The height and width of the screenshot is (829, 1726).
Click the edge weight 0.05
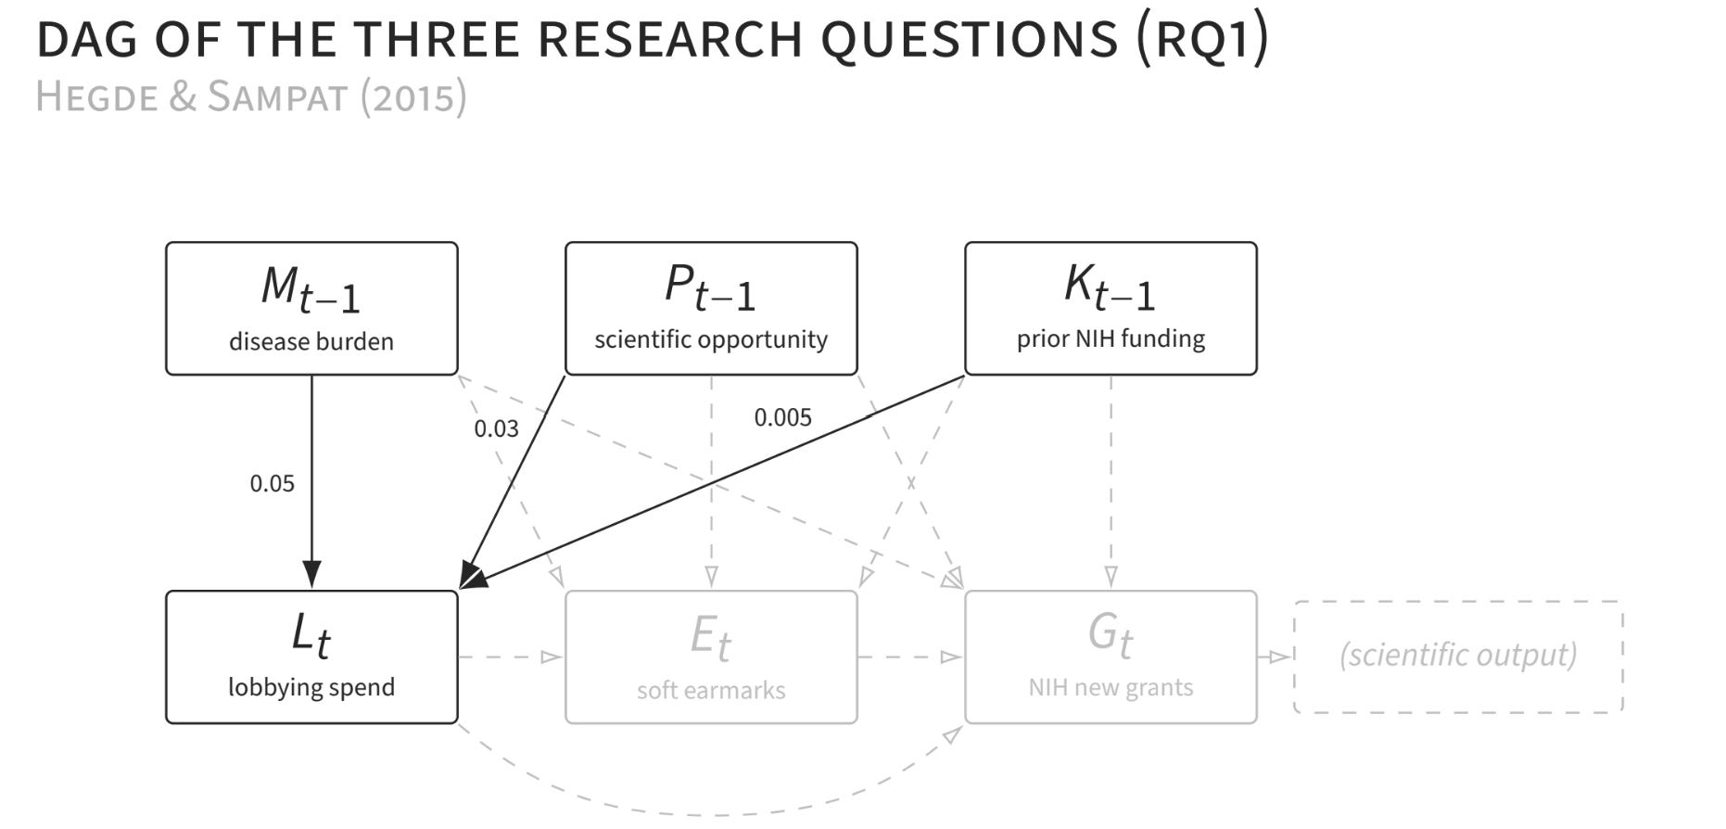pyautogui.click(x=272, y=483)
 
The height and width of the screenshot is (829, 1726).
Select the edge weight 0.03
pyautogui.click(x=496, y=428)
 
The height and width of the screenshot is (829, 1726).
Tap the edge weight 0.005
pyautogui.click(x=782, y=417)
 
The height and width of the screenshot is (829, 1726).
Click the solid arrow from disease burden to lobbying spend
pyautogui.click(x=311, y=482)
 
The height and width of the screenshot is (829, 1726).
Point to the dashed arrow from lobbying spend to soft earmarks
pyautogui.click(x=511, y=657)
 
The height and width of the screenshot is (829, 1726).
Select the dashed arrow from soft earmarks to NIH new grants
pyautogui.click(x=910, y=657)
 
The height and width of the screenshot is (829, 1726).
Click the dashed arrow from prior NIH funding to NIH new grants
pyautogui.click(x=1110, y=482)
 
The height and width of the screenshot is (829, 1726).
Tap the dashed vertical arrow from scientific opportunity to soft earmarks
pyautogui.click(x=711, y=482)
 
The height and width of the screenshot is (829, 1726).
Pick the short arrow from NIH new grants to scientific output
pyautogui.click(x=1275, y=657)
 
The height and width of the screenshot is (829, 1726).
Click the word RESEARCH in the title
pyautogui.click(x=669, y=39)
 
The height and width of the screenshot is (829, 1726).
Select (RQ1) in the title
pyautogui.click(x=1202, y=40)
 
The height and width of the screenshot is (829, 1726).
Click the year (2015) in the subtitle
pyautogui.click(x=413, y=96)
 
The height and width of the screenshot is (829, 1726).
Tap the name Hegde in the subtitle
pyautogui.click(x=97, y=96)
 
